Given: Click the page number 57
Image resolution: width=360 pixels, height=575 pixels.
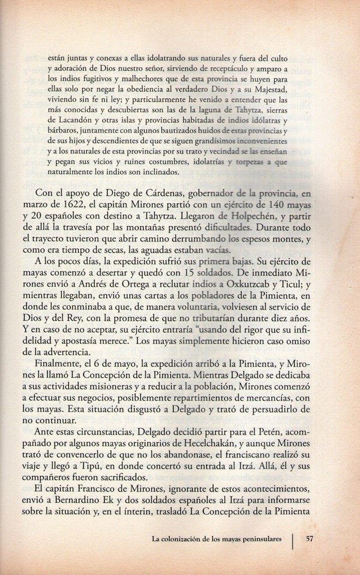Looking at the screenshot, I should [x=310, y=538].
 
